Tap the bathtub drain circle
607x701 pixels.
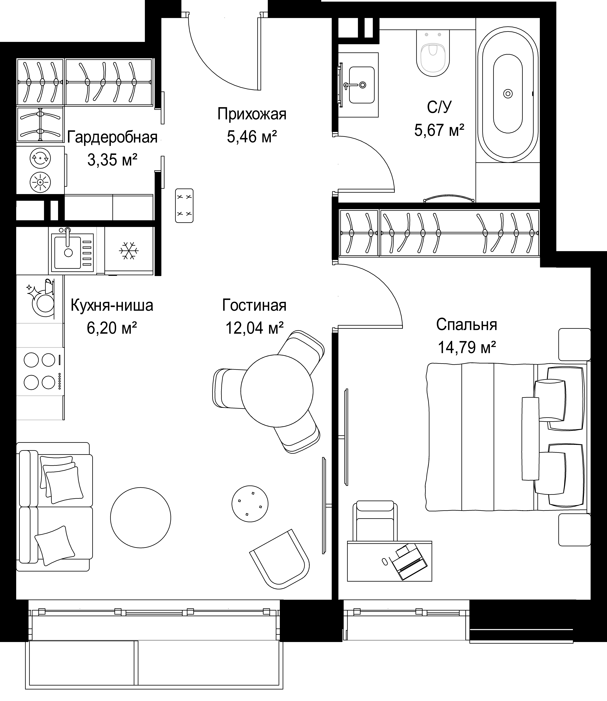point(508,93)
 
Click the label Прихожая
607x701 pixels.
point(252,114)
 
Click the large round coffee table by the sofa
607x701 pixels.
point(141,518)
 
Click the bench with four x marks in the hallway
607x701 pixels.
point(184,206)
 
